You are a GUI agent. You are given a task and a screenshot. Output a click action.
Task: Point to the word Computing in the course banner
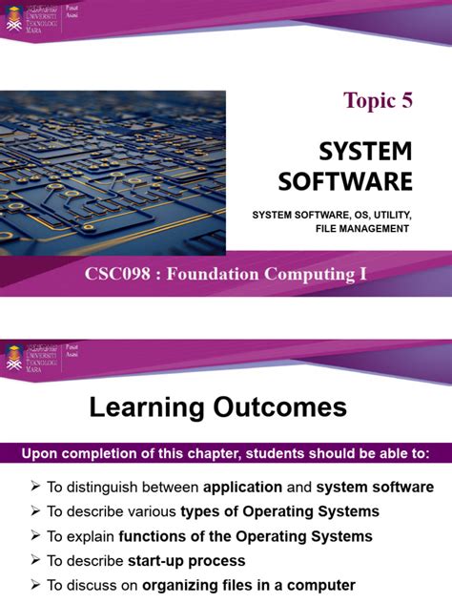coord(307,275)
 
